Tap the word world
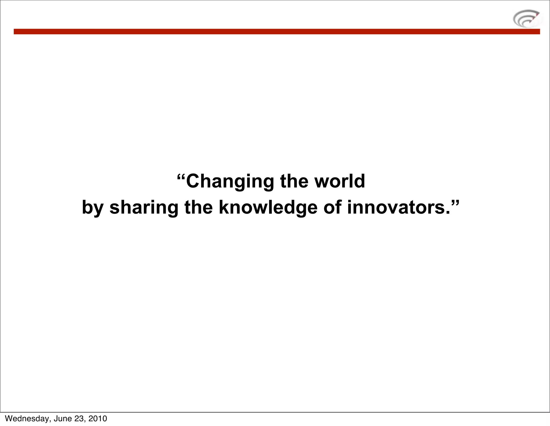(340, 181)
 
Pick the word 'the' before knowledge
(198, 207)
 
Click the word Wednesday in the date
(28, 418)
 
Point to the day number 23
(80, 418)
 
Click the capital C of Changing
(193, 181)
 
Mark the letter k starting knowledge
(223, 207)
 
